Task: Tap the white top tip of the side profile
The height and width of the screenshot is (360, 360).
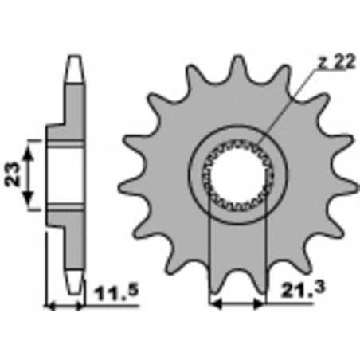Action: [74, 63]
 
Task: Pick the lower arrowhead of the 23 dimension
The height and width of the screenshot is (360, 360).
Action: [32, 205]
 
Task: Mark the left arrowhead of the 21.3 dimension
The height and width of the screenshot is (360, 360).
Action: [213, 303]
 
